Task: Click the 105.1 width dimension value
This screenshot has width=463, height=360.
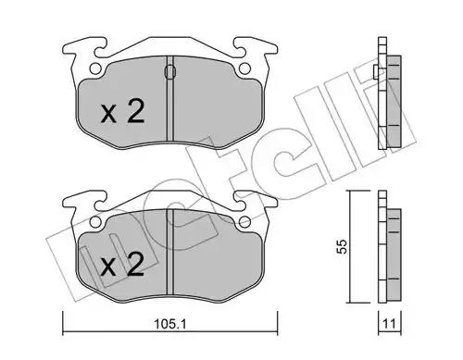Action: tap(169, 324)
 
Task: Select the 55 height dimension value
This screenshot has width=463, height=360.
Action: tap(343, 246)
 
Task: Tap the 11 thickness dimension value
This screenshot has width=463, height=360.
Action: tap(389, 324)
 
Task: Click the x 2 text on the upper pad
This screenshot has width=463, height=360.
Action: tap(123, 112)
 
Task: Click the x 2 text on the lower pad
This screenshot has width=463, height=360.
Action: tap(123, 265)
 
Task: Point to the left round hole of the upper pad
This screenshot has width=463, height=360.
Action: tap(95, 68)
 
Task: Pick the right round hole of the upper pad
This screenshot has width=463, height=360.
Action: tap(244, 68)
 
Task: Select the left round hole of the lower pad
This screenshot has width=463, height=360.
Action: tap(95, 221)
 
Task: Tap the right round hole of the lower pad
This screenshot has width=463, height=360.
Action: tap(244, 221)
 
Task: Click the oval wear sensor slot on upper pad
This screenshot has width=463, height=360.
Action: tap(170, 72)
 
